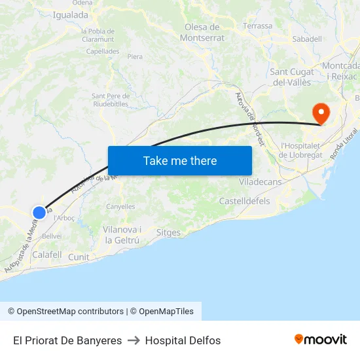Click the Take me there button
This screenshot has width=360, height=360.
[x=179, y=160]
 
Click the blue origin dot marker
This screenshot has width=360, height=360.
[x=39, y=212]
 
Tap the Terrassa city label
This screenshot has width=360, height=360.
[x=257, y=26]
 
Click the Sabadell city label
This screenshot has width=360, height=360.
[x=306, y=39]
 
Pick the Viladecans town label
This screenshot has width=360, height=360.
[x=261, y=181]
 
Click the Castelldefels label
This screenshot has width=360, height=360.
[x=244, y=201]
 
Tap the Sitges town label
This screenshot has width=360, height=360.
[x=169, y=232]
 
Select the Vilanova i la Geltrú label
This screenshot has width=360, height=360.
[x=122, y=235]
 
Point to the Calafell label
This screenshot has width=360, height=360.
[x=46, y=255]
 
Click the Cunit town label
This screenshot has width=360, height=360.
[x=79, y=257]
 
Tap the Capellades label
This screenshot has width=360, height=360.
[x=102, y=50]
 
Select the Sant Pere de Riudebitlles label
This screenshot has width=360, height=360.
[x=110, y=99]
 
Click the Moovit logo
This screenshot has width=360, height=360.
[x=320, y=340]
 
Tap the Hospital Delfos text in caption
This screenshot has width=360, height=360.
[x=183, y=340]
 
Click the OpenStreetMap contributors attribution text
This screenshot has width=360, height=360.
[x=65, y=312]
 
